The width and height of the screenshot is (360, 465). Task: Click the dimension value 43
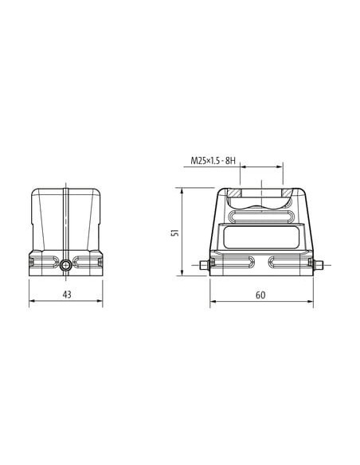click(x=67, y=295)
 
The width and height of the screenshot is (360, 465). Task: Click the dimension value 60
click(x=260, y=295)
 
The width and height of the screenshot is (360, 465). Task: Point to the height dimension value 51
click(x=176, y=232)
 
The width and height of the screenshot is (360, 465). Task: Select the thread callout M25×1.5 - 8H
click(x=213, y=161)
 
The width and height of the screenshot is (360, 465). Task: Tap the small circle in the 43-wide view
click(x=65, y=265)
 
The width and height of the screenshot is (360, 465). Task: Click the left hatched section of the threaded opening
click(x=234, y=193)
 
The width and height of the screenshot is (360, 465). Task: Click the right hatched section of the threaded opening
click(x=288, y=193)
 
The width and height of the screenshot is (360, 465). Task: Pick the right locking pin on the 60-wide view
click(x=318, y=265)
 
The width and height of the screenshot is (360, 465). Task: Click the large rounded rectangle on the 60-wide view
click(x=261, y=237)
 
